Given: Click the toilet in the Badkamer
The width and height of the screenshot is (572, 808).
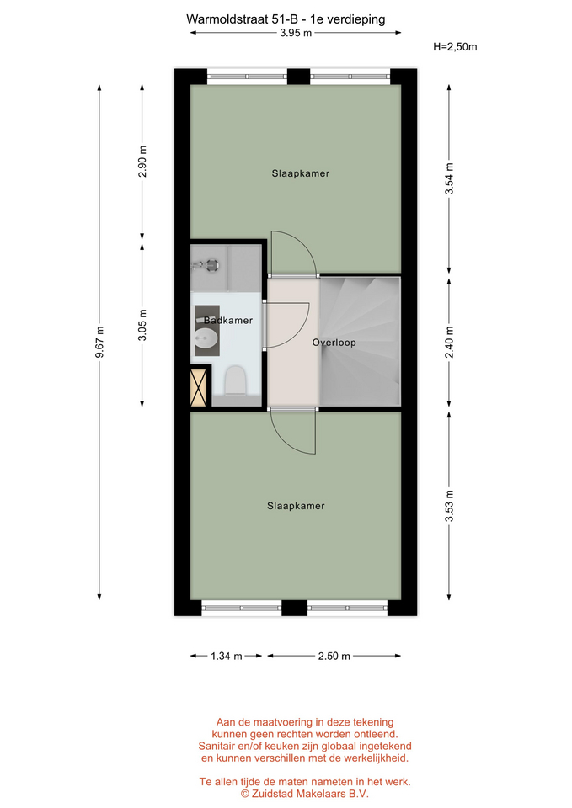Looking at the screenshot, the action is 235,380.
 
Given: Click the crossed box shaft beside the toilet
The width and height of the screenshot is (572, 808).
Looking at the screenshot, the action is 200,386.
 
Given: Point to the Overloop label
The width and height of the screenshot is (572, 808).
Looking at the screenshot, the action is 334,343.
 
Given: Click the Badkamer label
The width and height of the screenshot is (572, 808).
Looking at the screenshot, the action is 228,321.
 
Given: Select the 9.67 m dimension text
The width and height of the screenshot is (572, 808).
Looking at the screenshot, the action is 99,342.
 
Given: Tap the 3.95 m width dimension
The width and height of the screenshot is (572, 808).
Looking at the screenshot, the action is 296,33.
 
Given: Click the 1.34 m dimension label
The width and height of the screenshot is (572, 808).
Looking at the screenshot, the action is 227,656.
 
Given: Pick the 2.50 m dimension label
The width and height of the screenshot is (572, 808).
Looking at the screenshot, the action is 334,656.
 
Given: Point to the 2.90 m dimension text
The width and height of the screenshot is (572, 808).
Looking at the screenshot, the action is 142,162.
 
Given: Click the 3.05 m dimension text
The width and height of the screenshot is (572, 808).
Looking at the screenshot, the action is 142,325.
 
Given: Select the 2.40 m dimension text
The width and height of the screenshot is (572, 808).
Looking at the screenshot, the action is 449,343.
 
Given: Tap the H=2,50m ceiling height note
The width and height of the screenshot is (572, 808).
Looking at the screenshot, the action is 455,47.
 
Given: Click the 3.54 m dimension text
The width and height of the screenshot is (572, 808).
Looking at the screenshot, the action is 449,178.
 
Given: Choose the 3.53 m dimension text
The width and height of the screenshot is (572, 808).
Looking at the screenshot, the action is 449,506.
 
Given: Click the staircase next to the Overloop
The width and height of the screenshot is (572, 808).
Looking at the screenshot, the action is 360,341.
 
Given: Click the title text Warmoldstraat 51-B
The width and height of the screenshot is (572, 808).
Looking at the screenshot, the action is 242,19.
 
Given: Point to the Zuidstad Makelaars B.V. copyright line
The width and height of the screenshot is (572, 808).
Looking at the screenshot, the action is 305,794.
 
